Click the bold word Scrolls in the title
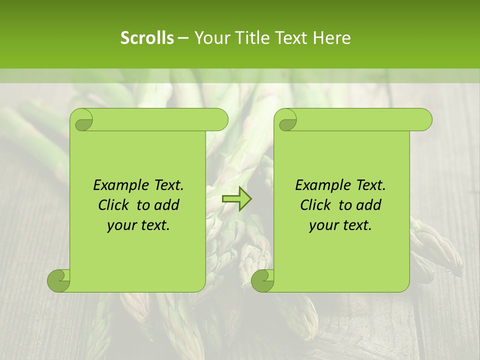click(147, 37)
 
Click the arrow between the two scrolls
click(236, 199)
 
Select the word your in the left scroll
click(121, 225)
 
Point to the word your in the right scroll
click(323, 225)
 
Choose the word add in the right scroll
click(369, 205)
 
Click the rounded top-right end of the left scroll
click(220, 119)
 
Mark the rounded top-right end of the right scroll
click(424, 119)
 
